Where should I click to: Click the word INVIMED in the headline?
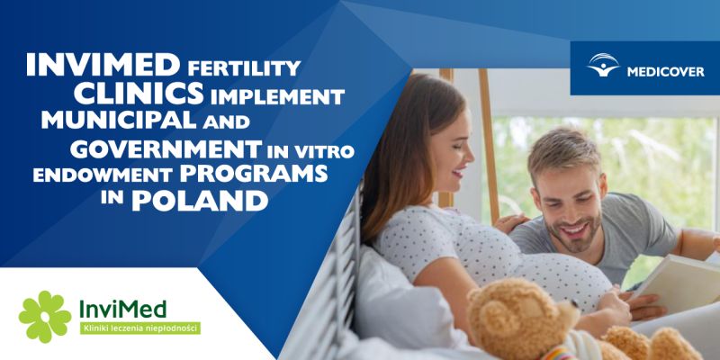point(103,64)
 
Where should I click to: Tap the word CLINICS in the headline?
point(139,94)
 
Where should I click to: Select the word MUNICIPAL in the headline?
point(119,121)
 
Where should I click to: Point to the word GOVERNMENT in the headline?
point(166,148)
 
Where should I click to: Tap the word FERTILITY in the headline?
point(244,67)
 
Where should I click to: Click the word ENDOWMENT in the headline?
point(103,175)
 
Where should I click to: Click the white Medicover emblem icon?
point(603,65)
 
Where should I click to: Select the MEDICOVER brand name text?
point(665,72)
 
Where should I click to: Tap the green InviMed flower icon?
point(45,317)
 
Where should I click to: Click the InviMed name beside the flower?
point(122,309)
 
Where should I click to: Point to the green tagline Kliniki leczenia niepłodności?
point(140,328)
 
